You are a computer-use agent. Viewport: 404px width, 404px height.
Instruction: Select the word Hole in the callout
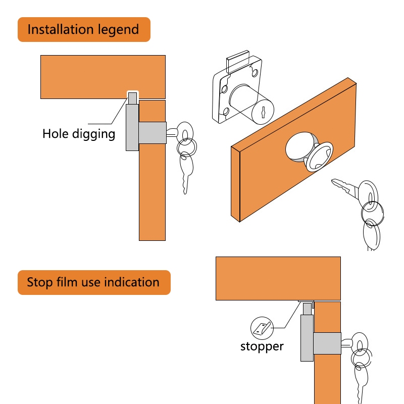pyautogui.click(x=56, y=134)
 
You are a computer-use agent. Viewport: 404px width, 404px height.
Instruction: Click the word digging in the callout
pyautogui.click(x=93, y=134)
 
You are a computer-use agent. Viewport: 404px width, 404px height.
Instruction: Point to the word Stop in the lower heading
pyautogui.click(x=40, y=283)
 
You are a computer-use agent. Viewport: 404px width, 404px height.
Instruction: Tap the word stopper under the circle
pyautogui.click(x=262, y=347)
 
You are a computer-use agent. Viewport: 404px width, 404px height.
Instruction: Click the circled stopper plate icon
pyautogui.click(x=262, y=328)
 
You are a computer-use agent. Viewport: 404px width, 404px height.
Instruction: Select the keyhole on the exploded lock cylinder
pyautogui.click(x=263, y=112)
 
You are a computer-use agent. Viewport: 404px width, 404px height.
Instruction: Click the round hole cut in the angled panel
pyautogui.click(x=299, y=146)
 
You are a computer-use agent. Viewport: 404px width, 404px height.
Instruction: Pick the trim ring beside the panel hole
pyautogui.click(x=319, y=157)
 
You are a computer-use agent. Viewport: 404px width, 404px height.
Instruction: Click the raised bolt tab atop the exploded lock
pyautogui.click(x=238, y=61)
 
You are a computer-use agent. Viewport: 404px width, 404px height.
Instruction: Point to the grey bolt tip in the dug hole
pyautogui.click(x=132, y=98)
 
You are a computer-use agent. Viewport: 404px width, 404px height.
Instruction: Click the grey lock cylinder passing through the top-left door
pyautogui.click(x=153, y=133)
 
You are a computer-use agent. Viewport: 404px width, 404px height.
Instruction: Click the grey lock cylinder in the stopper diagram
pyautogui.click(x=327, y=343)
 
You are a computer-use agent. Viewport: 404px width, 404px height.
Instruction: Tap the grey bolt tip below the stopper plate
pyautogui.click(x=308, y=309)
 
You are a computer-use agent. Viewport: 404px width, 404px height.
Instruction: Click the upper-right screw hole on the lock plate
pyautogui.click(x=255, y=73)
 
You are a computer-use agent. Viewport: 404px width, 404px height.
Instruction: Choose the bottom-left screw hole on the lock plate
pyautogui.click(x=226, y=111)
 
